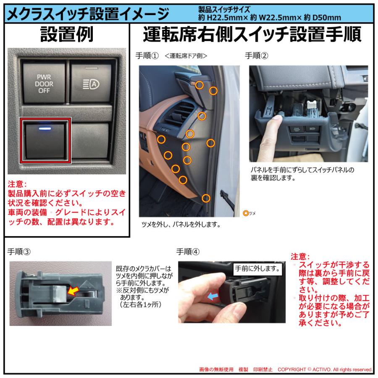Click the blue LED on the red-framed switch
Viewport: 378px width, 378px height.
coord(45,125)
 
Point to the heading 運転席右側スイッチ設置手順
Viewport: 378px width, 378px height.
coord(252,35)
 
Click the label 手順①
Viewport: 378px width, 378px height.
coord(147,55)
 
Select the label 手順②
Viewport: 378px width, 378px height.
coord(257,55)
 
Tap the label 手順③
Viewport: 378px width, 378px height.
coord(19,252)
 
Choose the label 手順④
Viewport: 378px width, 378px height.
coord(188,252)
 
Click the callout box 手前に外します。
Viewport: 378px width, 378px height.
coord(257,268)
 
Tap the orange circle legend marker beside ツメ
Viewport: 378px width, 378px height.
coord(246,213)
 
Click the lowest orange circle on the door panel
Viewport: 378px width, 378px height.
coord(205,198)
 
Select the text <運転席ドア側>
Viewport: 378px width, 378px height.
coord(186,55)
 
